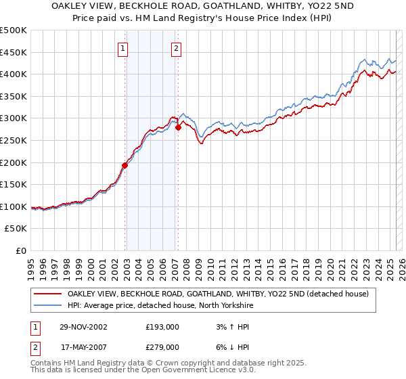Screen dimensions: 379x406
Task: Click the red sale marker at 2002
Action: click(125, 165)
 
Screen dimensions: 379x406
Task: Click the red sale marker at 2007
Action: click(178, 127)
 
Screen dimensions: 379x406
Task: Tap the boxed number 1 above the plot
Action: click(123, 48)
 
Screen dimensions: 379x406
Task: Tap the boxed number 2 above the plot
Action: click(176, 48)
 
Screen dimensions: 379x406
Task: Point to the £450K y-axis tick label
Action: click(14, 52)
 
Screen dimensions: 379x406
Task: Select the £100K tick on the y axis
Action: click(14, 206)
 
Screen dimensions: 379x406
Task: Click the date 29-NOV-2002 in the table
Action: click(84, 326)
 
